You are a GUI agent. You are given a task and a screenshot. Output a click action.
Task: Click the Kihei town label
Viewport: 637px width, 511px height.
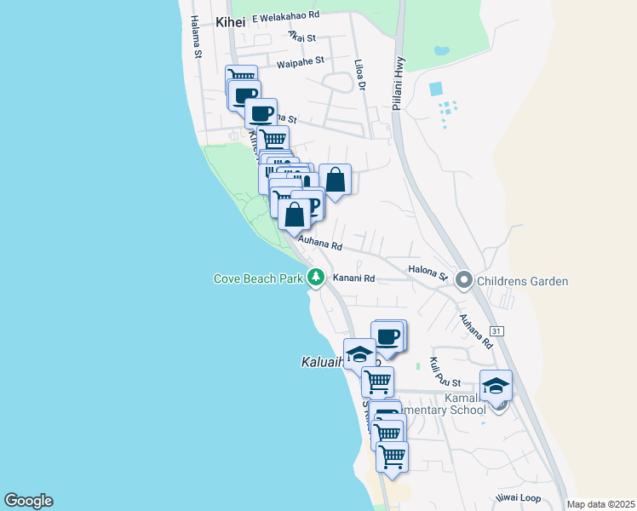230,22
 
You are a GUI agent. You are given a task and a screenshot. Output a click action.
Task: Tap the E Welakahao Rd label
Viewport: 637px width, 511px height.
279,15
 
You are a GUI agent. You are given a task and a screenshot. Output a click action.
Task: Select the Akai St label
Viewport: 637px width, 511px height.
301,37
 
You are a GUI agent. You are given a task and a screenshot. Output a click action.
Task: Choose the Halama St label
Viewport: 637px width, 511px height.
196,37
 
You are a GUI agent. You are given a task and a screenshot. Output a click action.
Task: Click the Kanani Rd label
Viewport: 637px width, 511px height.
353,278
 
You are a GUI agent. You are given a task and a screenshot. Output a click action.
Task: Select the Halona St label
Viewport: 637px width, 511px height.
428,272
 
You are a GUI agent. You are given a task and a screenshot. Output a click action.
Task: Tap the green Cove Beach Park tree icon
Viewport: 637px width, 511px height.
316,277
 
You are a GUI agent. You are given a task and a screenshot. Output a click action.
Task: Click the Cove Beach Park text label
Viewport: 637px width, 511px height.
257,278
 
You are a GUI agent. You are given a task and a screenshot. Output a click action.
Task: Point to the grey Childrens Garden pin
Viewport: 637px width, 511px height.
464,279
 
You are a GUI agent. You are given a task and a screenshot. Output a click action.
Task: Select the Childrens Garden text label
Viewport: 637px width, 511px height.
523,281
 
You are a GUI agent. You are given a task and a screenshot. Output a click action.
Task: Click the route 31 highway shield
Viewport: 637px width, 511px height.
497,330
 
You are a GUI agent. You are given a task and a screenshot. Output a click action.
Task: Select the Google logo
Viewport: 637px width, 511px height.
28,501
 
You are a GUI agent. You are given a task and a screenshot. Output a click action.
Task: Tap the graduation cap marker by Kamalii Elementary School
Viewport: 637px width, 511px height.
496,386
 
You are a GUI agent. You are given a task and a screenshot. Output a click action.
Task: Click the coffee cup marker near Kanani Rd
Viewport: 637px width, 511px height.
388,336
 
